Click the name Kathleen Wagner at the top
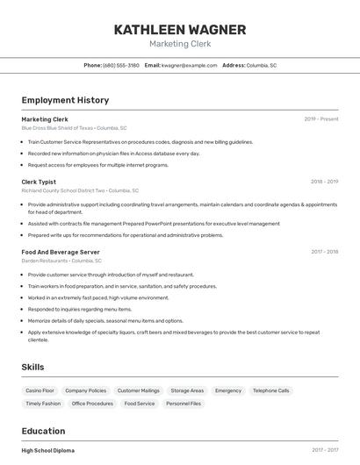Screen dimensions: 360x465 [180, 29]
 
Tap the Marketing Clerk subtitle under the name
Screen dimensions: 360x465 [180, 44]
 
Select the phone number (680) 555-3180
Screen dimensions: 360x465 [121, 65]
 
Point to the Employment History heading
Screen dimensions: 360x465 [65, 100]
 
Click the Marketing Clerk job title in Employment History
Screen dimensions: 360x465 [45, 119]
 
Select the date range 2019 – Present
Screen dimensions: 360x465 [320, 119]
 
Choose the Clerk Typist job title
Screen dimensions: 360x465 [39, 182]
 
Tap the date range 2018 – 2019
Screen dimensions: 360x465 [324, 182]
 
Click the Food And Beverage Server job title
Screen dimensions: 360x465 [61, 252]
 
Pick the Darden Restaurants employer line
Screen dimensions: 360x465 [61, 261]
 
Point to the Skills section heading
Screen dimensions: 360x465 [32, 367]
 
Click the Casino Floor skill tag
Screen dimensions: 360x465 [40, 390]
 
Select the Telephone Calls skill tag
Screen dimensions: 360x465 [270, 390]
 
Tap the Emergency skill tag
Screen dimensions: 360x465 [228, 390]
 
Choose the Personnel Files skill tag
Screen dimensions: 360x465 [184, 404]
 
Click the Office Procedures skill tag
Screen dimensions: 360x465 [92, 404]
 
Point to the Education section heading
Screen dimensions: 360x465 [43, 431]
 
